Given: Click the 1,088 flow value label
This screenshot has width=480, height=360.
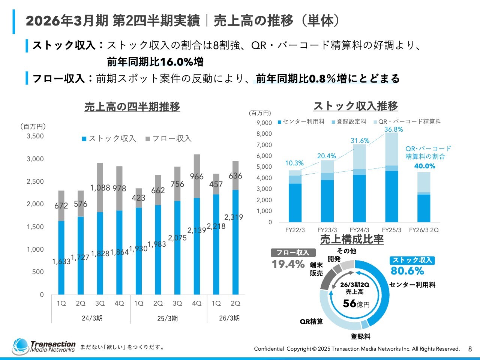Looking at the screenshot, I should tap(100, 187).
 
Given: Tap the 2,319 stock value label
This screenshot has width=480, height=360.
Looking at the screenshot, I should tap(234, 217).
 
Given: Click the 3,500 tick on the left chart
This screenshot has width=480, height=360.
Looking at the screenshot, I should tap(35, 136).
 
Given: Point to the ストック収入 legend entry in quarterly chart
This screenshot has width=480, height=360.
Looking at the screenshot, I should tap(109, 139).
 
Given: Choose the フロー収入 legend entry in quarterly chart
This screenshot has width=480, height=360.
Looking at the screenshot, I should tap(169, 139).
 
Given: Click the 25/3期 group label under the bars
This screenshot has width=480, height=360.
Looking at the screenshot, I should tap(167, 318).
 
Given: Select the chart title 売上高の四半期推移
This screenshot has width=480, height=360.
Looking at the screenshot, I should tap(132, 107).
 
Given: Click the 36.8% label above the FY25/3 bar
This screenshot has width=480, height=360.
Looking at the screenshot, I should tap(394, 129).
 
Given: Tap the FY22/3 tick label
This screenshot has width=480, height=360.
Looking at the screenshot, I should tap(295, 230).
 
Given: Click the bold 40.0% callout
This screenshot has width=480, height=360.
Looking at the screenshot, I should tap(424, 166).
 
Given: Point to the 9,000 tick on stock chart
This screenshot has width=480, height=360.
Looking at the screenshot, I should tap(264, 123).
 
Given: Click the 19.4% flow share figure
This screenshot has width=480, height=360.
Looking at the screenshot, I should tap(288, 264).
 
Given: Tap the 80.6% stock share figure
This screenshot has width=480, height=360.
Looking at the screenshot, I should tap(407, 271).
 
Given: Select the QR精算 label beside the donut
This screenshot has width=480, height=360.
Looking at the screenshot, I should tap(311, 321).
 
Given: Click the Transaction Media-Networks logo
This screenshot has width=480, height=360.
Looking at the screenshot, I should tap(44, 347).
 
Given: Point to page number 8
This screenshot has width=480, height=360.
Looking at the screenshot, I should tap(470, 349).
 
